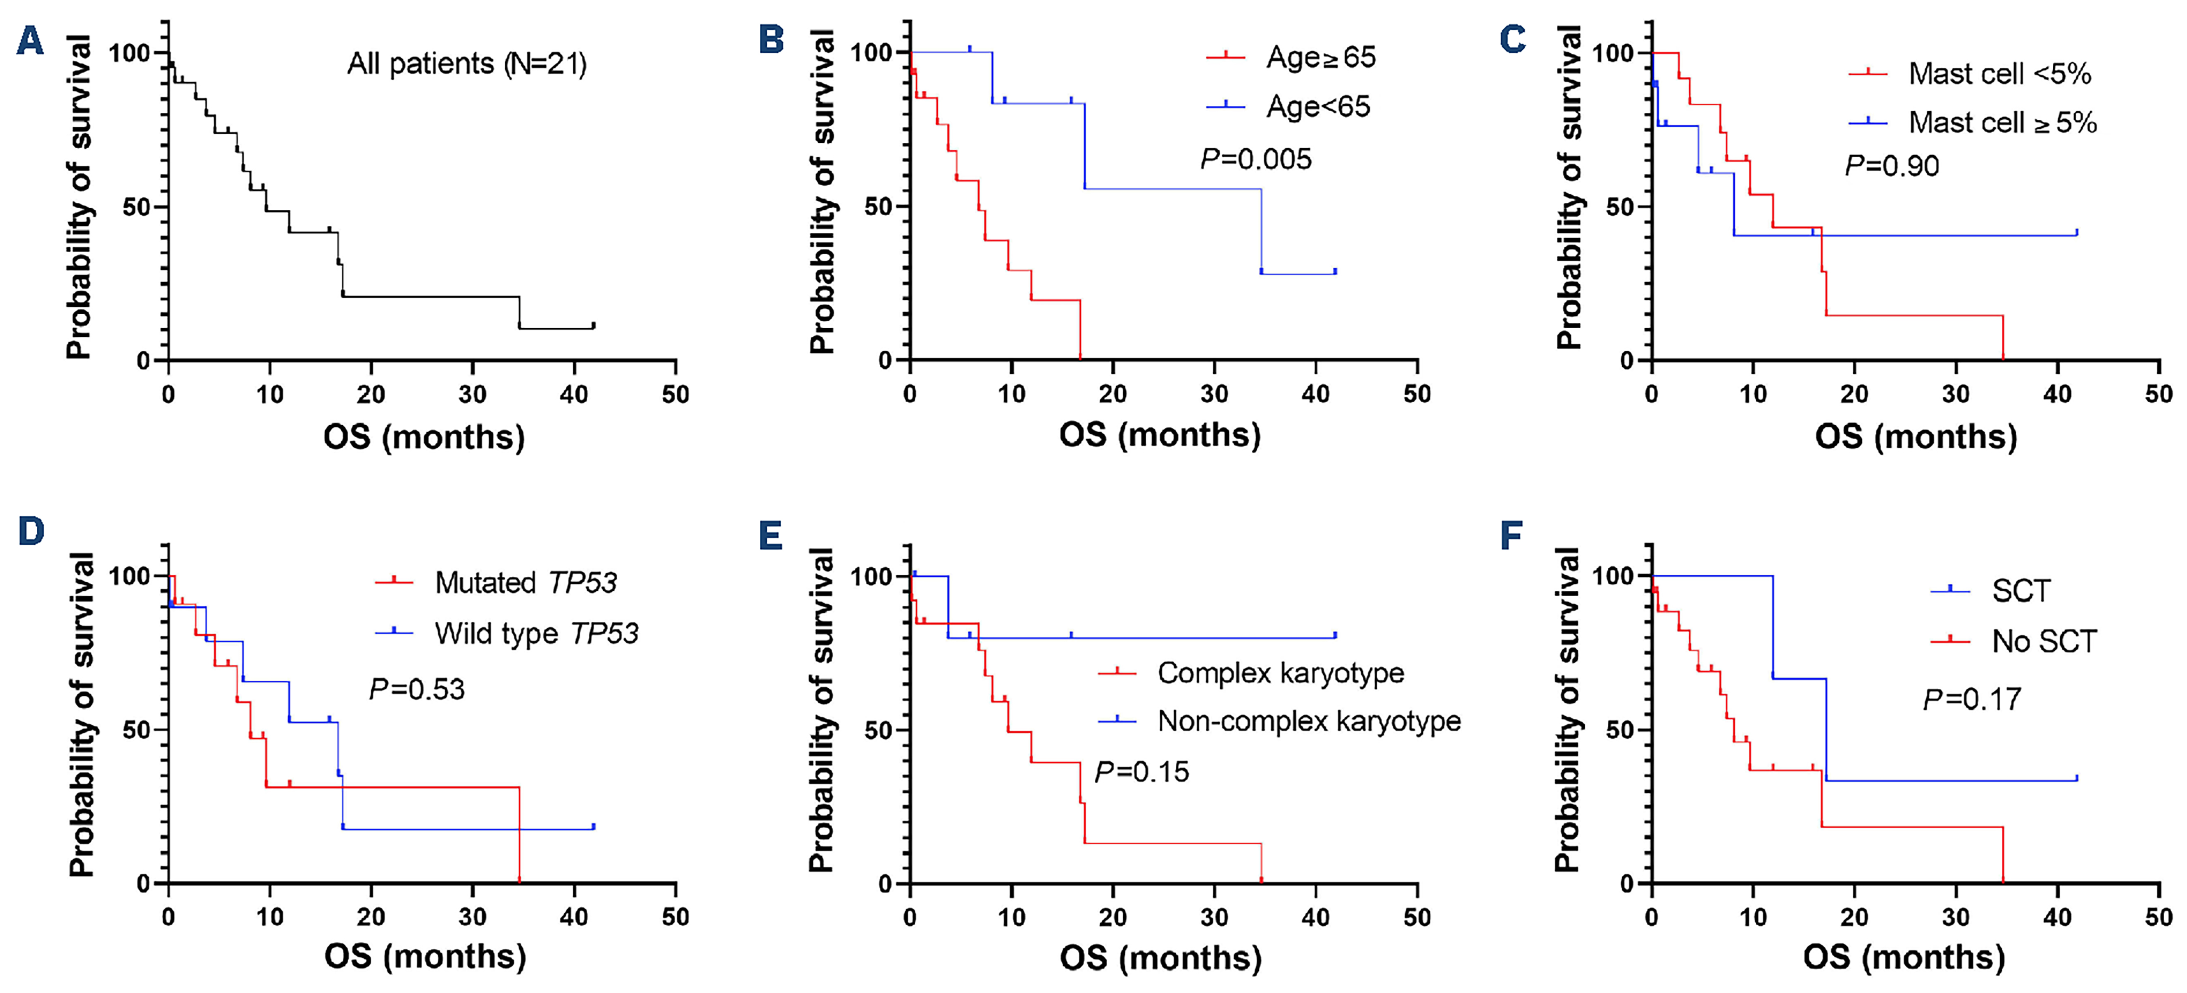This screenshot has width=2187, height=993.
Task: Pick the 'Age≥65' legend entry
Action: (x=1320, y=58)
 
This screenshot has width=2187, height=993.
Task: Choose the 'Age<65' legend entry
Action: (x=1318, y=107)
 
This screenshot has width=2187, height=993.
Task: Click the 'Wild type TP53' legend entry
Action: (x=536, y=633)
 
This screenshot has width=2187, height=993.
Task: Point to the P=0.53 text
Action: (x=417, y=689)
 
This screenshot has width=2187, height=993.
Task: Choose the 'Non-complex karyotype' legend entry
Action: (x=1308, y=721)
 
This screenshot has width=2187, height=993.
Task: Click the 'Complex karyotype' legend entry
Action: (x=1280, y=673)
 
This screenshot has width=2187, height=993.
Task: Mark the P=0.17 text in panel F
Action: (x=1971, y=699)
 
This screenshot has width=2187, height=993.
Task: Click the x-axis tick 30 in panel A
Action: (x=473, y=395)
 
